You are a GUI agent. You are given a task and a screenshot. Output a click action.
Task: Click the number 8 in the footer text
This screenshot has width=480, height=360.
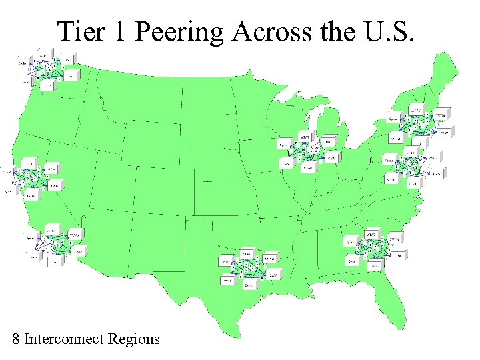coord(16,339)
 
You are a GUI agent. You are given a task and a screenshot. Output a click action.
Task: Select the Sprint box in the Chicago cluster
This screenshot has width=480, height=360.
coord(283,144)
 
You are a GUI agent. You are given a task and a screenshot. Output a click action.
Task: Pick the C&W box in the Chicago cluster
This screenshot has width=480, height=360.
coord(331,159)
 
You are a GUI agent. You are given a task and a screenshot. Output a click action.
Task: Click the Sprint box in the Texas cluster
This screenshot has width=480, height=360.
coord(226,261)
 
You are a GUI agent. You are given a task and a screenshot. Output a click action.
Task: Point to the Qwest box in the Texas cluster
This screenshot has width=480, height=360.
coord(227,281)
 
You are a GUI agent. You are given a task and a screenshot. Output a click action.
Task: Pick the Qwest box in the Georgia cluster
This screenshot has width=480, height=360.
coord(351,261)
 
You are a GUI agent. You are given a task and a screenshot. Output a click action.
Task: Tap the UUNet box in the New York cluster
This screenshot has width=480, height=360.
coord(441,115)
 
